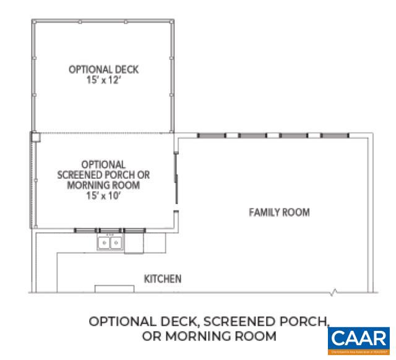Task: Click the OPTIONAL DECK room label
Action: pos(103,70)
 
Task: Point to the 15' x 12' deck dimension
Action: pos(103,80)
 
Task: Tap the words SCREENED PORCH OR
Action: pos(103,174)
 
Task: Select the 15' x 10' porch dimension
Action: pos(103,195)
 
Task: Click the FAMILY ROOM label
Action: pos(279,213)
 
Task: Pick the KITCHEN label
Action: pos(163,279)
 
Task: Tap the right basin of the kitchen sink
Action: pos(115,242)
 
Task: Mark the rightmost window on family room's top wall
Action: pos(335,135)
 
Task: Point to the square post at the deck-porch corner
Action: pos(35,135)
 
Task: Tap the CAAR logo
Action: pos(359,340)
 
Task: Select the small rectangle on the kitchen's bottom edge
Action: pos(110,288)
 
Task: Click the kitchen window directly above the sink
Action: pos(110,230)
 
